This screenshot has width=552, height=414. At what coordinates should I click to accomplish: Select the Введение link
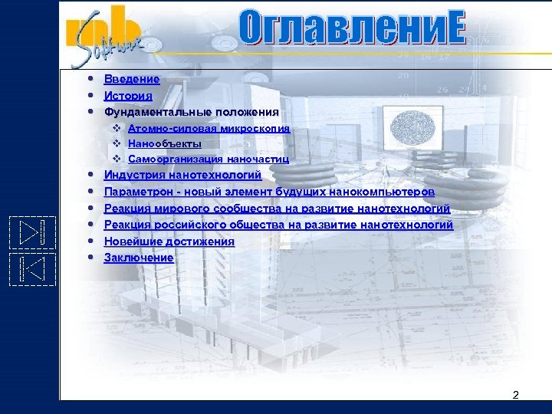(132, 79)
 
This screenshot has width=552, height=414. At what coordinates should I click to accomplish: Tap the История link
(128, 96)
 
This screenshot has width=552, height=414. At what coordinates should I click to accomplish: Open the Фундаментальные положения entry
(191, 112)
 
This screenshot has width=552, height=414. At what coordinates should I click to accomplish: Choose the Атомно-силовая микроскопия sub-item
(209, 128)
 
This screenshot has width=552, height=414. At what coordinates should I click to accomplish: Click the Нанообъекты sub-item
(165, 143)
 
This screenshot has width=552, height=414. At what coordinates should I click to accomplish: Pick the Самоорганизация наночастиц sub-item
(208, 159)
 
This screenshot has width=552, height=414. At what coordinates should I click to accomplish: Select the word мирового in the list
(179, 209)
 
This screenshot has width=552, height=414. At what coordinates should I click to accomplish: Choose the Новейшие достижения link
(169, 242)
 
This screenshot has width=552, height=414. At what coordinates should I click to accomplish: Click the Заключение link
(139, 258)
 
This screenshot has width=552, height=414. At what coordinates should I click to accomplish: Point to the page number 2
(515, 395)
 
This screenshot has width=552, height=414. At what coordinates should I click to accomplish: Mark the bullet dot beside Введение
(91, 79)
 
